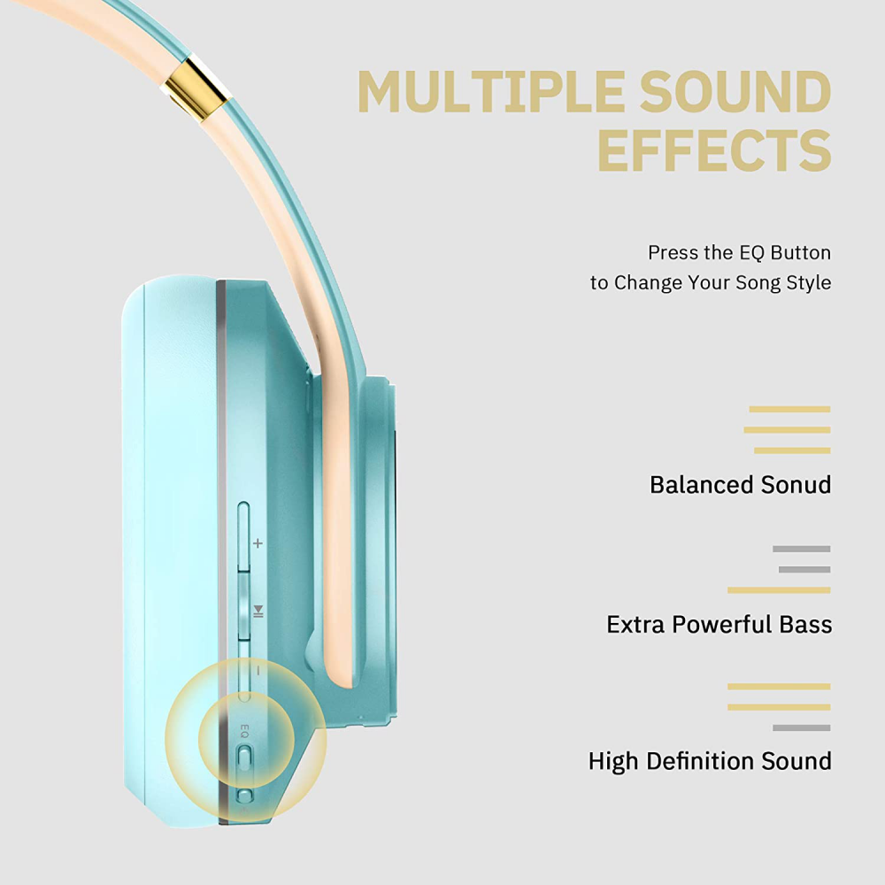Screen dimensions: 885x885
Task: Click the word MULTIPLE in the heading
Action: click(491, 91)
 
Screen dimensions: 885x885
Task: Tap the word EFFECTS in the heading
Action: click(714, 150)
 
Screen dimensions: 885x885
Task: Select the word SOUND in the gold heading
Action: click(735, 91)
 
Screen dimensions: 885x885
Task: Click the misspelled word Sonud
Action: click(796, 485)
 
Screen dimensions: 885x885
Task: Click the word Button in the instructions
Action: click(800, 252)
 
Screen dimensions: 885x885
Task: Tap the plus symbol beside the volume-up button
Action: click(258, 543)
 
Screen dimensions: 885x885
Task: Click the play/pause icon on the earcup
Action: click(258, 611)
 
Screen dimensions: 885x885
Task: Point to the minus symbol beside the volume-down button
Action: click(258, 671)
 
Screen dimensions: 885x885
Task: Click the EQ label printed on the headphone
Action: click(244, 732)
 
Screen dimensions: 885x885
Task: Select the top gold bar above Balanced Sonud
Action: click(789, 409)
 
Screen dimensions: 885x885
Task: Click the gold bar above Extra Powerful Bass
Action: click(779, 590)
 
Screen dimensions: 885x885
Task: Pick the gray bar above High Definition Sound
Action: click(802, 728)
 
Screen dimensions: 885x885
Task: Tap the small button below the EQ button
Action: click(244, 796)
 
